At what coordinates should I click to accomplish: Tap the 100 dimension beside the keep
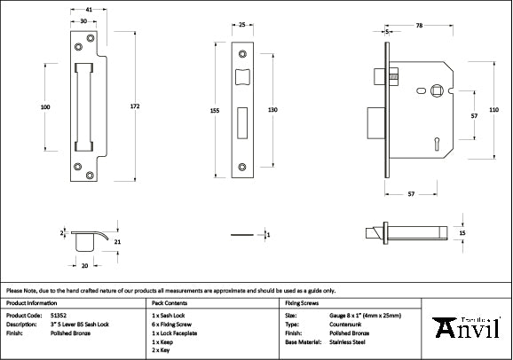point(45,107)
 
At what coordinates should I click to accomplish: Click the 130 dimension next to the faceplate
point(273,109)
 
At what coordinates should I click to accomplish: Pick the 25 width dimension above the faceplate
point(242,24)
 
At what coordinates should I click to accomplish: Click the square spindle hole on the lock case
point(436,90)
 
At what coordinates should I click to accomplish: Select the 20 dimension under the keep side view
point(85,265)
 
